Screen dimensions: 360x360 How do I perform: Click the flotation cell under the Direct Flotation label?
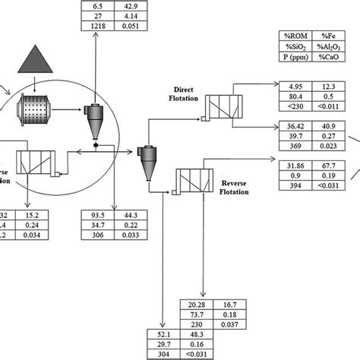pyautogui.click(x=225, y=107)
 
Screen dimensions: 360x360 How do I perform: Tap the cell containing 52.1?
pyautogui.click(x=163, y=334)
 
